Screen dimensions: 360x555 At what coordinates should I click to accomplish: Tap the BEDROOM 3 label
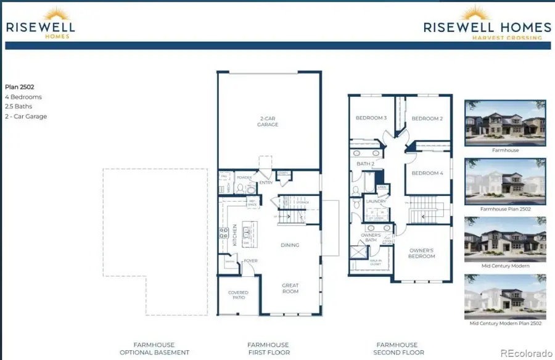(371, 118)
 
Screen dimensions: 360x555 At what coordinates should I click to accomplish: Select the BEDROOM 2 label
(427, 118)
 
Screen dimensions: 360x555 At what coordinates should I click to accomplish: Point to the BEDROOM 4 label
(427, 173)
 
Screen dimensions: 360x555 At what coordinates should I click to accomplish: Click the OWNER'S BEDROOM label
(422, 253)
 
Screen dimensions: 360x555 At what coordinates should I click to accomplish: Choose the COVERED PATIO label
(238, 295)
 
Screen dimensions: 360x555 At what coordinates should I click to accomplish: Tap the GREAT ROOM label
(290, 288)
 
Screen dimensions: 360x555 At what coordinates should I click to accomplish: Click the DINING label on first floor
(290, 245)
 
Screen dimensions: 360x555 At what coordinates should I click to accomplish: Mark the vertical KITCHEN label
(235, 235)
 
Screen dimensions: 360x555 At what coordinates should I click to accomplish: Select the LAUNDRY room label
(376, 201)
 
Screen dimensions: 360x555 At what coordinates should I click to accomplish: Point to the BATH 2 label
(366, 163)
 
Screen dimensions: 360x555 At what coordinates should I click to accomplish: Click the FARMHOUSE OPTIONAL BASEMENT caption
(154, 348)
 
